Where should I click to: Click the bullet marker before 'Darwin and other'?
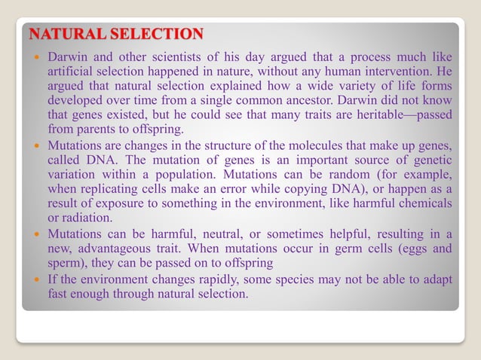coord(38,57)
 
